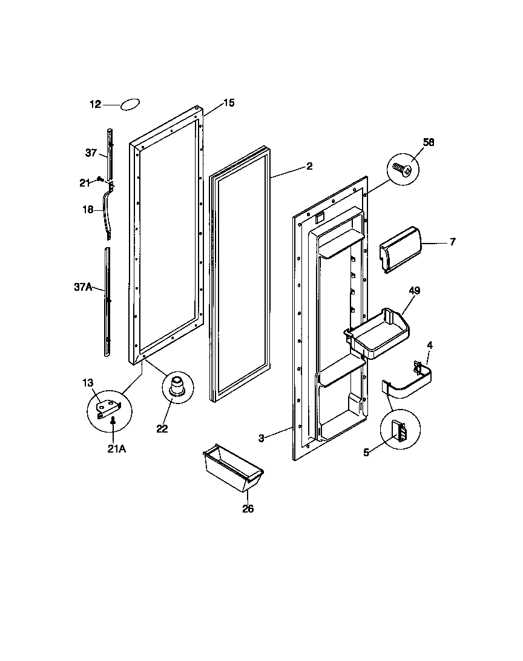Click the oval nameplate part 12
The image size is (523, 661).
(131, 104)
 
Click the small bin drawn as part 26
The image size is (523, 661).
(233, 470)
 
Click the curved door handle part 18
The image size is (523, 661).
(109, 212)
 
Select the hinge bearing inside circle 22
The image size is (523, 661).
(177, 387)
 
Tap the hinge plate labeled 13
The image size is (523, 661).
(109, 408)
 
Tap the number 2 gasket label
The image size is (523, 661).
(309, 166)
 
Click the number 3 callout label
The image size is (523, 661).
(261, 438)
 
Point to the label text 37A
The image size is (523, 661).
(83, 287)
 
